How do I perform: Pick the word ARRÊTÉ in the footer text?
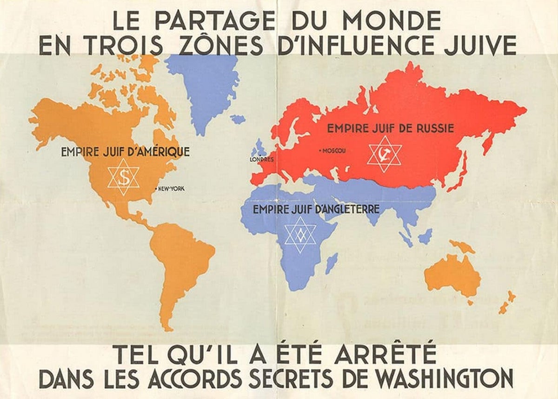[385, 354]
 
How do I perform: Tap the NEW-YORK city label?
[171, 188]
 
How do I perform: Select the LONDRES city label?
[261, 160]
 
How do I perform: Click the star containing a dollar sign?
[123, 177]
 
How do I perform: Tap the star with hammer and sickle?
[384, 154]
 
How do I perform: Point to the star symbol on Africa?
[300, 235]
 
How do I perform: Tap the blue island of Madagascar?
[331, 263]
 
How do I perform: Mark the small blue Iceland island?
[238, 120]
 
